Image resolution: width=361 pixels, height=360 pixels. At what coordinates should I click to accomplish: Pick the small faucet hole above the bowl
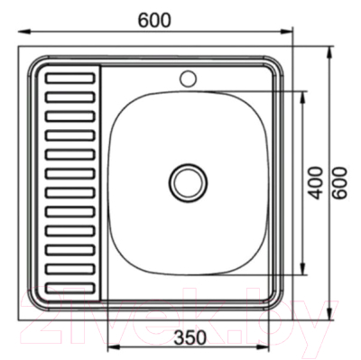pyautogui.click(x=188, y=76)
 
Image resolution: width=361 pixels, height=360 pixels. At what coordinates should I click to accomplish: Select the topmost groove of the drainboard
pyautogui.click(x=69, y=78)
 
